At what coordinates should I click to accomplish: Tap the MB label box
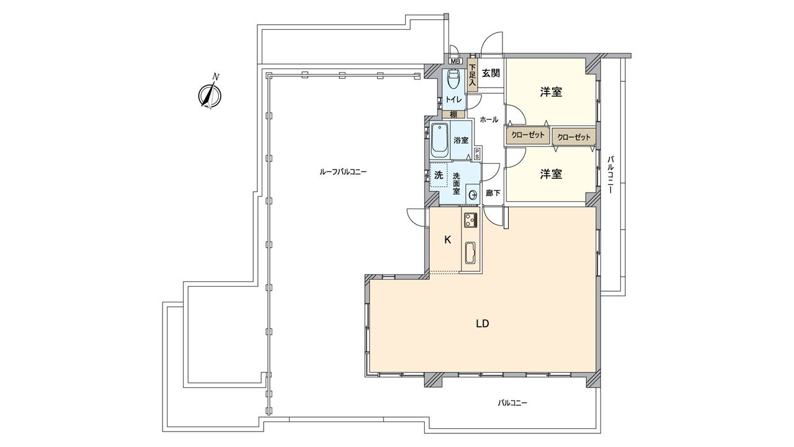tap(455, 61)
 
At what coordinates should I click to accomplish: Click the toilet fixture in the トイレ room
tap(453, 79)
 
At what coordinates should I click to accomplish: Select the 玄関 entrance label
tap(491, 73)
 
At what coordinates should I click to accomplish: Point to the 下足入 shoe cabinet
tap(472, 74)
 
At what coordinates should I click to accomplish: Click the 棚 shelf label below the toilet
tap(454, 114)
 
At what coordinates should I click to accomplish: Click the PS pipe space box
tap(477, 154)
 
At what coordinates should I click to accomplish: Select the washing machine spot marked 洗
tap(439, 176)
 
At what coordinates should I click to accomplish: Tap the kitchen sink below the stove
tap(470, 252)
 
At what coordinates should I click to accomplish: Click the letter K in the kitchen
tap(447, 240)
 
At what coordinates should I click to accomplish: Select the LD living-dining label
tap(483, 323)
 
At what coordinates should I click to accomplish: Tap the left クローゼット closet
tap(528, 135)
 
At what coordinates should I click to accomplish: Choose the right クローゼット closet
tap(574, 137)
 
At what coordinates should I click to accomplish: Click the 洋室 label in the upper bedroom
tap(551, 92)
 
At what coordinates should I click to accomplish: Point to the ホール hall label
tap(489, 119)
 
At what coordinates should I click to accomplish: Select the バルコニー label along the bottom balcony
tap(512, 403)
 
